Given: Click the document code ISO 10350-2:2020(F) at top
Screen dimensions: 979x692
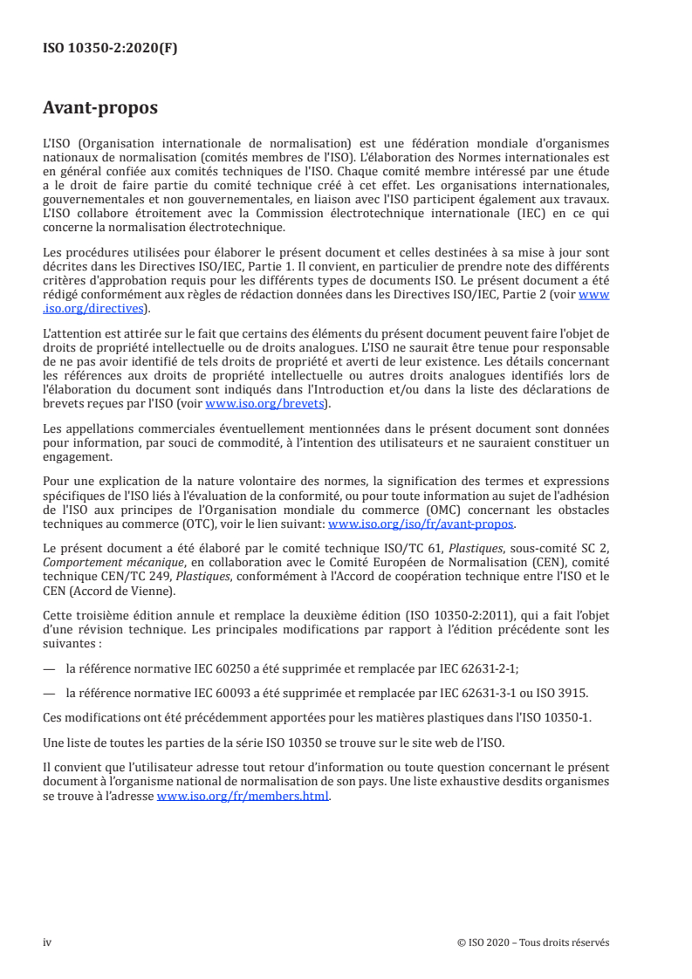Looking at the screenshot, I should pyautogui.click(x=110, y=49).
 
